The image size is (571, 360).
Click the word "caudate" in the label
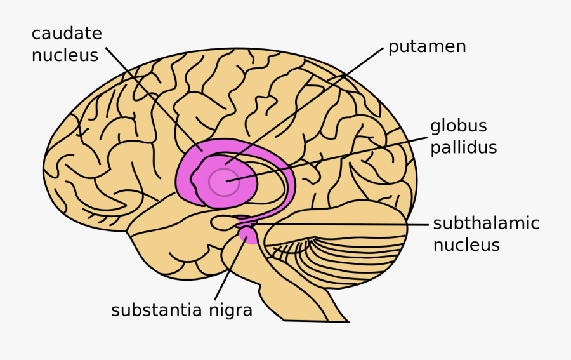67,34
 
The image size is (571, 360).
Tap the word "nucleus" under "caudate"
65,56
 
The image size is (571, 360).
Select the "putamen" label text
427,47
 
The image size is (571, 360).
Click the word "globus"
458,126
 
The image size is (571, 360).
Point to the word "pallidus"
463,148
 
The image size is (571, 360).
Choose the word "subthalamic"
486,223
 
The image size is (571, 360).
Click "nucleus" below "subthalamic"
466,245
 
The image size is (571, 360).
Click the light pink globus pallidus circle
224,182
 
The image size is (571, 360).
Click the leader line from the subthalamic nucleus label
343,224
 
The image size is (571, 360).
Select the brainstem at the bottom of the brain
298,298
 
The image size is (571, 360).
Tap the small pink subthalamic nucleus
244,224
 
